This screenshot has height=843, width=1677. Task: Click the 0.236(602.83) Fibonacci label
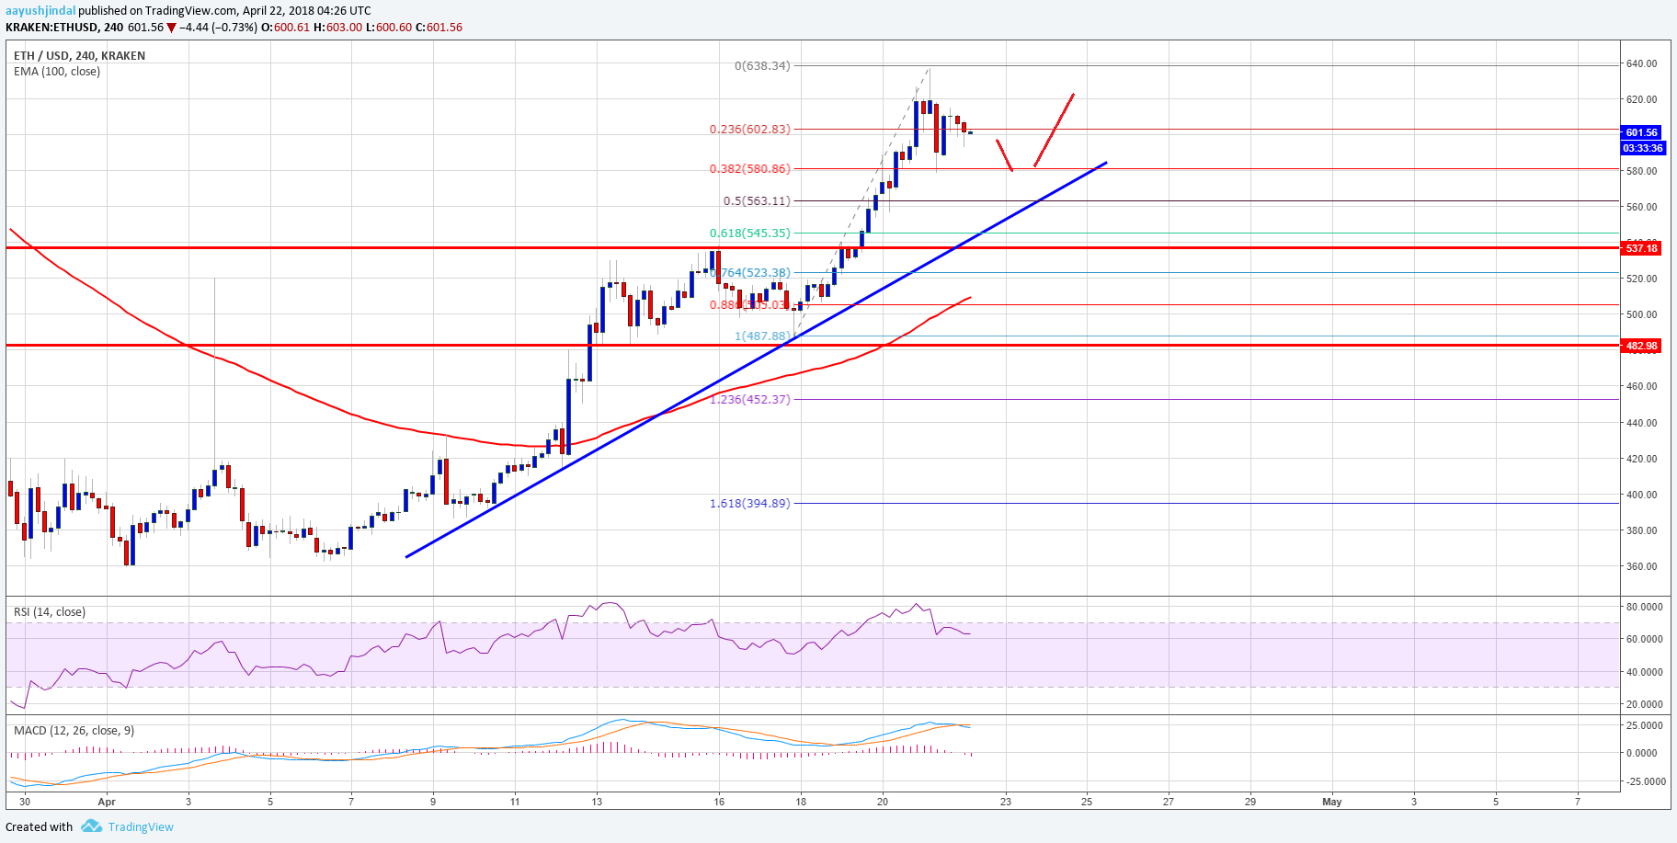(749, 130)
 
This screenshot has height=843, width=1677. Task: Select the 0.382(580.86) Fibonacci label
(749, 169)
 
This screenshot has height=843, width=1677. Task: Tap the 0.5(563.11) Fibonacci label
(757, 201)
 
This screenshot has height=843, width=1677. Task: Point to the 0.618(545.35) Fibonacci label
(749, 234)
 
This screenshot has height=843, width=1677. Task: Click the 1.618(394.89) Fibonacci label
(749, 504)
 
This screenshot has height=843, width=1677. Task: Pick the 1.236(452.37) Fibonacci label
(749, 400)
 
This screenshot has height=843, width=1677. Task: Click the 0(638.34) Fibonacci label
(762, 66)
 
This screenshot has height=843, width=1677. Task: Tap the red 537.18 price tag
(1641, 248)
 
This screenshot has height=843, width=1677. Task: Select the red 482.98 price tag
(1641, 347)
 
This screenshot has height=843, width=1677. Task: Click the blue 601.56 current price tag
(1641, 132)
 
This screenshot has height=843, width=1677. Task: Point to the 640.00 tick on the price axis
(1641, 64)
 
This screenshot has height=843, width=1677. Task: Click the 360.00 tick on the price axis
(1641, 566)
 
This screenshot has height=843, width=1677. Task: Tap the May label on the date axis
(1331, 802)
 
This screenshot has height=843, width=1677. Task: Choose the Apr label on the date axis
(107, 802)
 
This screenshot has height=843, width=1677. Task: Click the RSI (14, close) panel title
(50, 612)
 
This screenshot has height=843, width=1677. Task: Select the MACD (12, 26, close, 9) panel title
(74, 731)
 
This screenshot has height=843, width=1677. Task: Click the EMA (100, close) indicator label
(57, 72)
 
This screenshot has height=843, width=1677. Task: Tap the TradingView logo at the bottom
(128, 826)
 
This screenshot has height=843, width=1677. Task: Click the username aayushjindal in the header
(40, 11)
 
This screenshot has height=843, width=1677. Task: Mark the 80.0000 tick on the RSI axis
(1644, 607)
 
